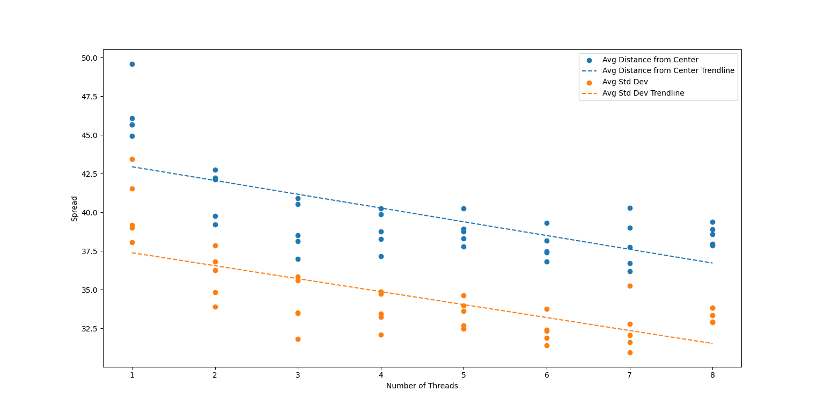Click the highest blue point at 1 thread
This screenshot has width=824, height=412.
(132, 64)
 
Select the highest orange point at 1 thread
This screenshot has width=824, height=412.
(132, 159)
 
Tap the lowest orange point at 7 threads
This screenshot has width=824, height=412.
(630, 352)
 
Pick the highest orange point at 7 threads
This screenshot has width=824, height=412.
(630, 286)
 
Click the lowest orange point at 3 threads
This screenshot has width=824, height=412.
(298, 339)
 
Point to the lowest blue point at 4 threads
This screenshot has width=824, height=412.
(381, 256)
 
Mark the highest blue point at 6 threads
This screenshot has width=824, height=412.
(547, 223)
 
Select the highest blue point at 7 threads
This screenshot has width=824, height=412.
(630, 208)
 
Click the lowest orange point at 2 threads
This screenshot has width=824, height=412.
(215, 307)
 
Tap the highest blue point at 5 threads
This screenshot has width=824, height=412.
(464, 208)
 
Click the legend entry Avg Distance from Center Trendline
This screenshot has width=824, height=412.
(668, 71)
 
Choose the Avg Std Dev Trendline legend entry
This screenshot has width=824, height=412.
(643, 93)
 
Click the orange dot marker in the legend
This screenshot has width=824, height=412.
(589, 83)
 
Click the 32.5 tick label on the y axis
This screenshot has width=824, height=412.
(89, 329)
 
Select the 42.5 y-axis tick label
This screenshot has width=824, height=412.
(89, 174)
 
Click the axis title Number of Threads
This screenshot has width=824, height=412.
(422, 386)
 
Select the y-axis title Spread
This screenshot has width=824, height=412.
(75, 208)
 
